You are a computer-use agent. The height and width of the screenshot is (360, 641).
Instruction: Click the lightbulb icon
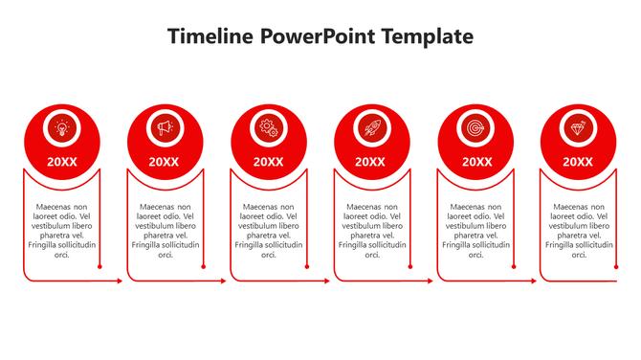click(61, 127)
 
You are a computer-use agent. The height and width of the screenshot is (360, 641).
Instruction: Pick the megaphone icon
click(165, 127)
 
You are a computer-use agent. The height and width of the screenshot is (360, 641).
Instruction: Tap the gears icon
click(268, 127)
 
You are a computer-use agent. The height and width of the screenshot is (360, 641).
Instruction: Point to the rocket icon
click(371, 127)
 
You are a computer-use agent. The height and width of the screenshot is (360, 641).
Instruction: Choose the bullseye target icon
click(475, 127)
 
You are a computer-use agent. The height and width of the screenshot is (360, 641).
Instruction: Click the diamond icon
click(578, 127)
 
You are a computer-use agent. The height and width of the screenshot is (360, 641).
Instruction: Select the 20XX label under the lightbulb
click(61, 162)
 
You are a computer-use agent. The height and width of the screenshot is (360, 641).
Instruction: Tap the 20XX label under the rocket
click(371, 162)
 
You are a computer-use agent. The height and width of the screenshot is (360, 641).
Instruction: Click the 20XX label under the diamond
click(578, 162)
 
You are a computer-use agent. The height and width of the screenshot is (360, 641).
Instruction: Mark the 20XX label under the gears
click(268, 162)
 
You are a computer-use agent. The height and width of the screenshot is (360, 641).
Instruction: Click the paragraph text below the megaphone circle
click(165, 230)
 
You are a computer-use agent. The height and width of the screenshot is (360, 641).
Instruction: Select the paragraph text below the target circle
click(475, 230)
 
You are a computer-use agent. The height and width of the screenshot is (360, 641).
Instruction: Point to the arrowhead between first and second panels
click(120, 281)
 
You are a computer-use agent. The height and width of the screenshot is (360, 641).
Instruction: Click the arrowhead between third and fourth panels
click(326, 281)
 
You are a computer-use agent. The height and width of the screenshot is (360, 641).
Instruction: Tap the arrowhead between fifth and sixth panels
click(533, 281)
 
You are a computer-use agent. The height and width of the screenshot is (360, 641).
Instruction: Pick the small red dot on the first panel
click(99, 267)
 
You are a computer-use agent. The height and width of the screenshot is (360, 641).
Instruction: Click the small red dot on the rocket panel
click(409, 267)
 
